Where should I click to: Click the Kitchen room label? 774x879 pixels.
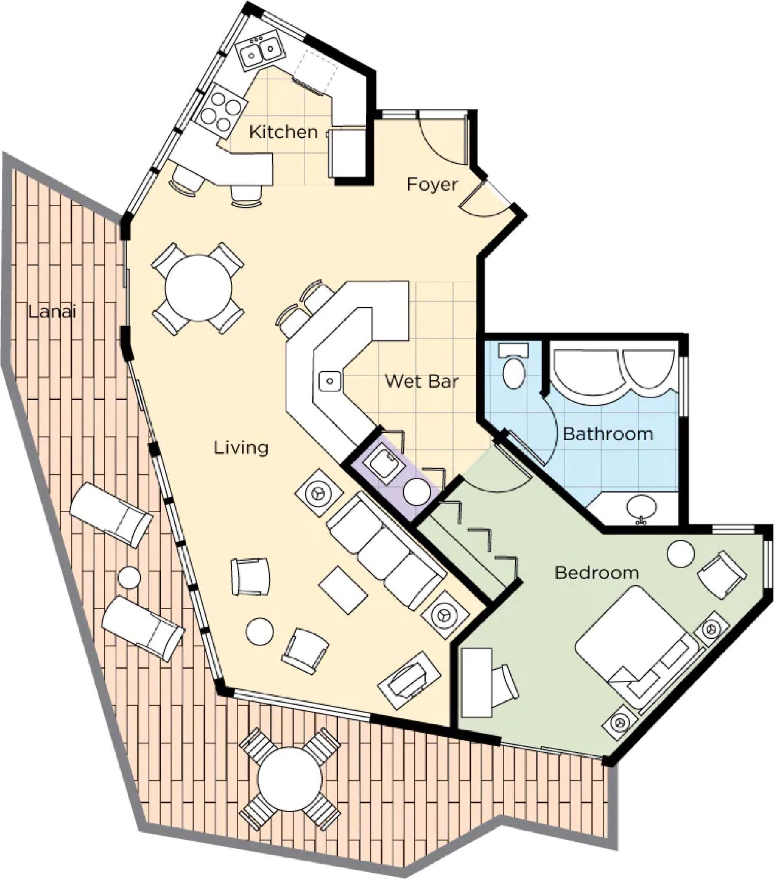(283, 132)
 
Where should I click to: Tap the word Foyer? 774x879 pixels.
(432, 185)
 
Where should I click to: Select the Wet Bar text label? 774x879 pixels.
(421, 382)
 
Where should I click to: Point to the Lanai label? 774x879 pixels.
(52, 311)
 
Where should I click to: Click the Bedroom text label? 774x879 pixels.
(596, 573)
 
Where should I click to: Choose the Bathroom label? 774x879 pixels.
(608, 434)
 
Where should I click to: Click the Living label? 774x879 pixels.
(241, 448)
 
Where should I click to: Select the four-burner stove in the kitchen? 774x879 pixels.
(221, 112)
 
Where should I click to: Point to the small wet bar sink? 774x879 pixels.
(330, 381)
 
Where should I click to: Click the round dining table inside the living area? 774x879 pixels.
(198, 288)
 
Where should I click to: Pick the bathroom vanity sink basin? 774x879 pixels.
(641, 507)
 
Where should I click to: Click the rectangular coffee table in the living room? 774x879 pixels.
(343, 590)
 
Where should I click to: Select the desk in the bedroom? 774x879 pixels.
(476, 683)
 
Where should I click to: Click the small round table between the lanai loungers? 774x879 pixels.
(129, 578)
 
